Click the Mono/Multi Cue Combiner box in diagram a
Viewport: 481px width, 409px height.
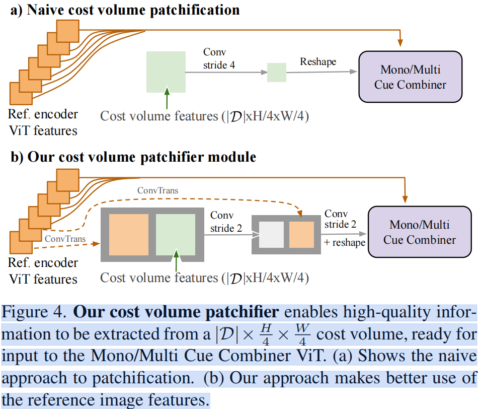tap(410, 77)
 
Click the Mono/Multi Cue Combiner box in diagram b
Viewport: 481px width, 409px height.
tap(420, 232)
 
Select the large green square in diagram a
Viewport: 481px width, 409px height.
tap(166, 72)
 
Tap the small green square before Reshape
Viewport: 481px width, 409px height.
tap(276, 73)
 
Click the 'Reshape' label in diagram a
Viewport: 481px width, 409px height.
tap(318, 61)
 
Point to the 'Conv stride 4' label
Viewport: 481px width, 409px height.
tap(218, 58)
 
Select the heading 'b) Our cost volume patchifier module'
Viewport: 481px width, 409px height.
tap(133, 157)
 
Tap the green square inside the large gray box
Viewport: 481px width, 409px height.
tap(175, 234)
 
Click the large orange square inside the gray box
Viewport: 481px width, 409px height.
tap(129, 234)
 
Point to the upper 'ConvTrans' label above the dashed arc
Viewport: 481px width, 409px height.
tap(157, 191)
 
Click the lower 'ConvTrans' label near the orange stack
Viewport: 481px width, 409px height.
tap(63, 237)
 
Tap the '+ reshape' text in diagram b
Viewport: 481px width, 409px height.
tap(345, 242)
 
